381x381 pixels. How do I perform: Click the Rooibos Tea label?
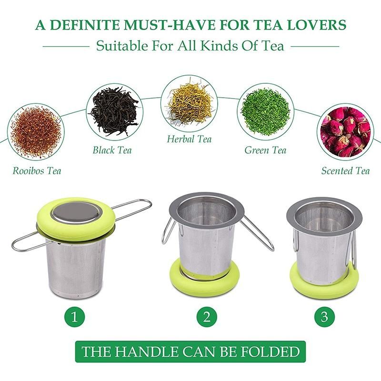(x=37, y=170)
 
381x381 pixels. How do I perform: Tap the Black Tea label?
(x=112, y=150)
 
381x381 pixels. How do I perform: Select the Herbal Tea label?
(x=189, y=139)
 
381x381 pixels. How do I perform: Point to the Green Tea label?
(x=265, y=150)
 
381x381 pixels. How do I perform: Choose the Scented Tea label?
(x=345, y=170)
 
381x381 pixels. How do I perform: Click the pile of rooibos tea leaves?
(x=36, y=132)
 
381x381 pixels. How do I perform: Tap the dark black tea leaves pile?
(x=114, y=111)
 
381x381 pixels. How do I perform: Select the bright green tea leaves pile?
(x=265, y=111)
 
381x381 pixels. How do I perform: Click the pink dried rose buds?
(x=345, y=132)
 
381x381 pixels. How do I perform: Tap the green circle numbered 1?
(x=75, y=317)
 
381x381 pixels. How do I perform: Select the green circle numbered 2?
(x=207, y=317)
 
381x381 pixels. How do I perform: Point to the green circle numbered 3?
(x=324, y=317)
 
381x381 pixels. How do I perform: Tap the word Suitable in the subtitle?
(x=122, y=46)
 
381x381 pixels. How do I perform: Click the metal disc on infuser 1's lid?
(x=76, y=213)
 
